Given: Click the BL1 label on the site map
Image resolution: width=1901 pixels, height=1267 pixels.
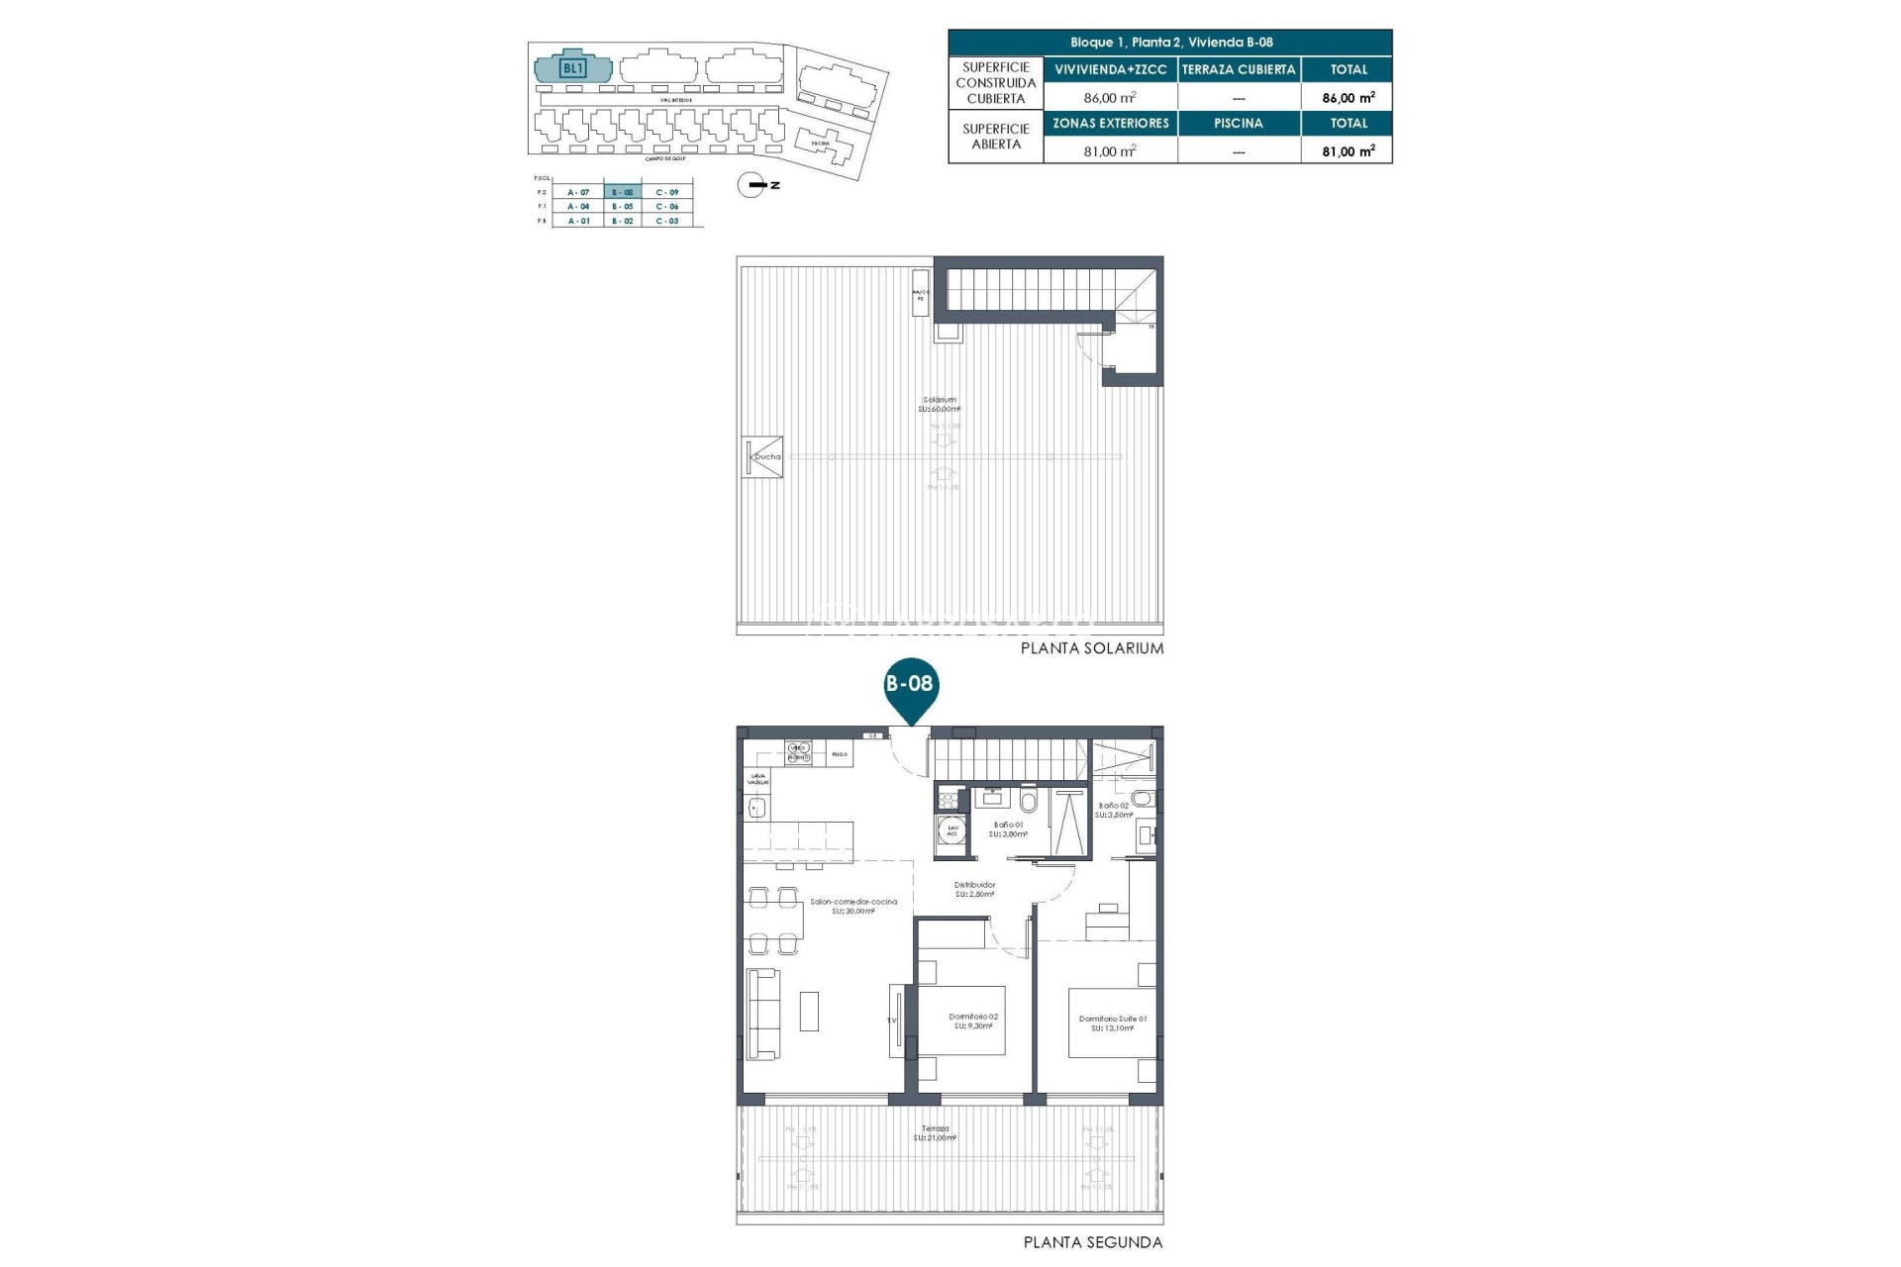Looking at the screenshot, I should tap(573, 68).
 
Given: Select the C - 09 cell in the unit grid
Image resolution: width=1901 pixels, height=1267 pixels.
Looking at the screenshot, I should tap(667, 192).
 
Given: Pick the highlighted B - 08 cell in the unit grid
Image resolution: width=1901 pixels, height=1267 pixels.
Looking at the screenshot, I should tap(623, 192).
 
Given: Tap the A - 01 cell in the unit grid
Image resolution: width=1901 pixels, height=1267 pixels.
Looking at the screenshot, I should tap(578, 221).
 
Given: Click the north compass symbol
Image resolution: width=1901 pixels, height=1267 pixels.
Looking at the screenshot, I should tap(751, 185).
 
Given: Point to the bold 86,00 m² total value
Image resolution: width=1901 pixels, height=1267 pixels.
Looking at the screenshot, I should tap(1348, 98).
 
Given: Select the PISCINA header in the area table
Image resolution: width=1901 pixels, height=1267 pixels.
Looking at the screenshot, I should tap(1239, 124).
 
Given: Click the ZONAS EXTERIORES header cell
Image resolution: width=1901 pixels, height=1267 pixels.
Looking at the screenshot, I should tap(1110, 124).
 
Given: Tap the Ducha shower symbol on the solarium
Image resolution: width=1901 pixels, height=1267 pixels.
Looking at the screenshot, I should tap(764, 457).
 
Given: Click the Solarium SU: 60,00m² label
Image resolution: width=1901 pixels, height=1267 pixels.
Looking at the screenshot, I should tap(939, 404).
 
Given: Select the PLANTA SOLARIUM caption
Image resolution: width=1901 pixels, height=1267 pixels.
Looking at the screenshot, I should tap(1092, 648).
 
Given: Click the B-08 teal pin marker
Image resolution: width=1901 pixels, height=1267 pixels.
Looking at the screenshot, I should tap(910, 685).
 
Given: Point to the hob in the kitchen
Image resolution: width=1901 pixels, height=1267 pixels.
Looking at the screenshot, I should tap(798, 752).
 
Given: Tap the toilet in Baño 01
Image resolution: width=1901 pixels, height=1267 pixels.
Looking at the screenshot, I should tap(1029, 800).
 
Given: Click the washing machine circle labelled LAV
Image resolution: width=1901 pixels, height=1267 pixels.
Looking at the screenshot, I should tap(952, 831).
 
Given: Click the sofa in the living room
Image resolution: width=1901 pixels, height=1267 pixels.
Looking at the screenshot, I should tap(762, 1014).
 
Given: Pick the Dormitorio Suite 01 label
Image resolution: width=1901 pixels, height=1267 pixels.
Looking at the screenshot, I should tap(1113, 1023).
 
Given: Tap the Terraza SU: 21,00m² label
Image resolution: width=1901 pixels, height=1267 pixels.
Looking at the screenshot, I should tap(936, 1132).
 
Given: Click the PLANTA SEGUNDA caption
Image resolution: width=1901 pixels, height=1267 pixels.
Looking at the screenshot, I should tap(1093, 1242).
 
